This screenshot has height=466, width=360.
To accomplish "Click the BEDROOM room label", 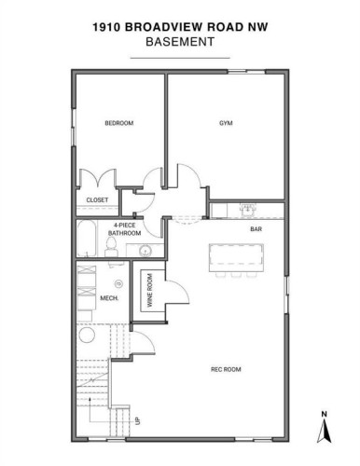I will coord(119,123).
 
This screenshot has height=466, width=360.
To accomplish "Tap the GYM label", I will coord(225,123).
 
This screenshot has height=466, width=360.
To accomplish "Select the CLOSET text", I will coord(97,199).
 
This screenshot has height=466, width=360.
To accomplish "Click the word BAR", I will coord(255,227).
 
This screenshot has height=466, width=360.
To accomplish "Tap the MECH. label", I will coord(107,299).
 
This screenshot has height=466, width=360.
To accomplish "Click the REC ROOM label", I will coord(227,370).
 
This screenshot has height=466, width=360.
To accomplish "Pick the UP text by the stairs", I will coord(138,420).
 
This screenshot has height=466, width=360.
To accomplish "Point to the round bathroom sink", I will coord(145,252).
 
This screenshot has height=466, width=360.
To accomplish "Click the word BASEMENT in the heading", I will coord(179,43).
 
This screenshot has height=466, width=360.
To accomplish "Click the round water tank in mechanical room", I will coord(118,282).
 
